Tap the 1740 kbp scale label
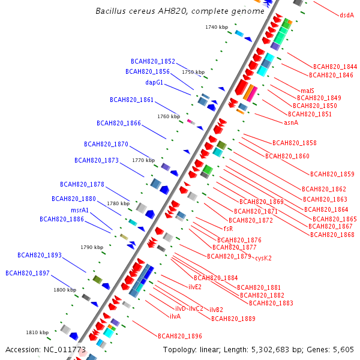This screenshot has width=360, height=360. [x=217, y=27]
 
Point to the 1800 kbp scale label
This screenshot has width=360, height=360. [x=65, y=290]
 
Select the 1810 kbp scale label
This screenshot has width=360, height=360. [x=37, y=332]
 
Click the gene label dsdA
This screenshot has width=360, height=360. [x=347, y=15]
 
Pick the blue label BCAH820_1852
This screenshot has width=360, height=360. [x=153, y=61]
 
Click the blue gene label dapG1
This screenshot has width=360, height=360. [x=154, y=83]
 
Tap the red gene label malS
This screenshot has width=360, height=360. [x=307, y=91]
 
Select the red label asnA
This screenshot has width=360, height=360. [x=291, y=122]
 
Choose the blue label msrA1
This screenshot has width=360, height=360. [x=80, y=210]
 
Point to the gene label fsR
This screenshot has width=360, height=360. [x=228, y=229]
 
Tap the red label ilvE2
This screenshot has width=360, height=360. [x=195, y=287]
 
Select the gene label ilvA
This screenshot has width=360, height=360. [x=175, y=316]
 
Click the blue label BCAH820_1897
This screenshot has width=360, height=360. [x=28, y=273]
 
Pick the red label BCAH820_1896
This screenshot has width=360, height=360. [x=180, y=336]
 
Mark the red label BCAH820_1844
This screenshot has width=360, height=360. [x=335, y=67]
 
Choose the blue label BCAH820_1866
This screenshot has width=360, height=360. [x=119, y=123]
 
